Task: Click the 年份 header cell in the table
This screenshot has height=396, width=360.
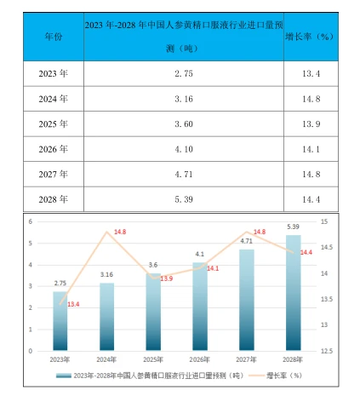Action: click(52, 38)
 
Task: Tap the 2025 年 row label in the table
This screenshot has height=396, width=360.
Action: click(52, 124)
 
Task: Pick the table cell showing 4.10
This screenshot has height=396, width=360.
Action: click(185, 150)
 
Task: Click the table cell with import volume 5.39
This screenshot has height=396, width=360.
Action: click(185, 200)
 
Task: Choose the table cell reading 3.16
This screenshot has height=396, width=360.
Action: click(185, 100)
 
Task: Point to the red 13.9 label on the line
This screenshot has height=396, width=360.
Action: click(166, 278)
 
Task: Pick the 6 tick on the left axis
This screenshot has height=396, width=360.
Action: click(31, 221)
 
